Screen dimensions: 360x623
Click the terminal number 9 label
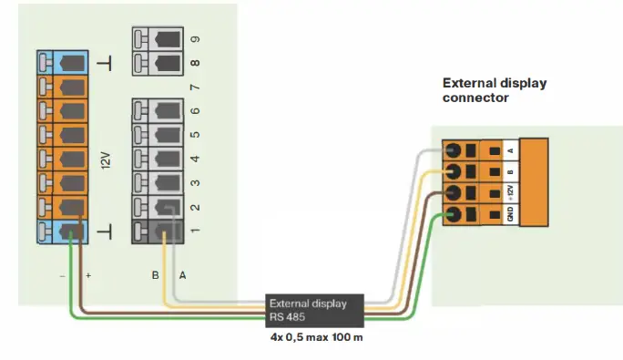(194, 39)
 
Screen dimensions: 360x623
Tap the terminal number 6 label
(194, 111)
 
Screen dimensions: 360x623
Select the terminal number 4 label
(194, 159)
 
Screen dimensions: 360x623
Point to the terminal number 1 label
(194, 230)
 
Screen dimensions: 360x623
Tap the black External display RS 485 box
(314, 310)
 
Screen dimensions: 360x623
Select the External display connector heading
(495, 89)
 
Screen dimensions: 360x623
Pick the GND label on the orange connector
(511, 215)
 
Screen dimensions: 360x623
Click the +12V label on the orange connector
(511, 192)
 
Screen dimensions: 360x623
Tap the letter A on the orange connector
(511, 149)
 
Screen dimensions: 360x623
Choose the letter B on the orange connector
(511, 170)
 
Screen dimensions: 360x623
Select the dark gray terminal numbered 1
(158, 230)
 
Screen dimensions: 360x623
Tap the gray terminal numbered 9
(158, 39)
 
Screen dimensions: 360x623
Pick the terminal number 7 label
(194, 87)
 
